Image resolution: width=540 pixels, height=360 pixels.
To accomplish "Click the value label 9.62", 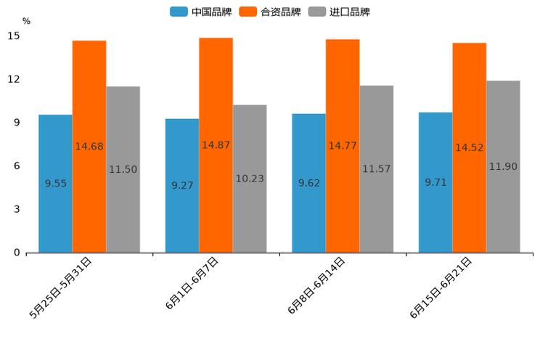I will point(309,183).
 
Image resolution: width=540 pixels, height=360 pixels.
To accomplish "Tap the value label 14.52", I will point(470,147).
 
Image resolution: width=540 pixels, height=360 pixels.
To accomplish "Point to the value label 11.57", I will point(377,169).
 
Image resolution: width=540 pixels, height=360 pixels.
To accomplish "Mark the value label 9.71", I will point(435,182).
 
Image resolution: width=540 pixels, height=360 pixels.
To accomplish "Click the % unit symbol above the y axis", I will point(26,21).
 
